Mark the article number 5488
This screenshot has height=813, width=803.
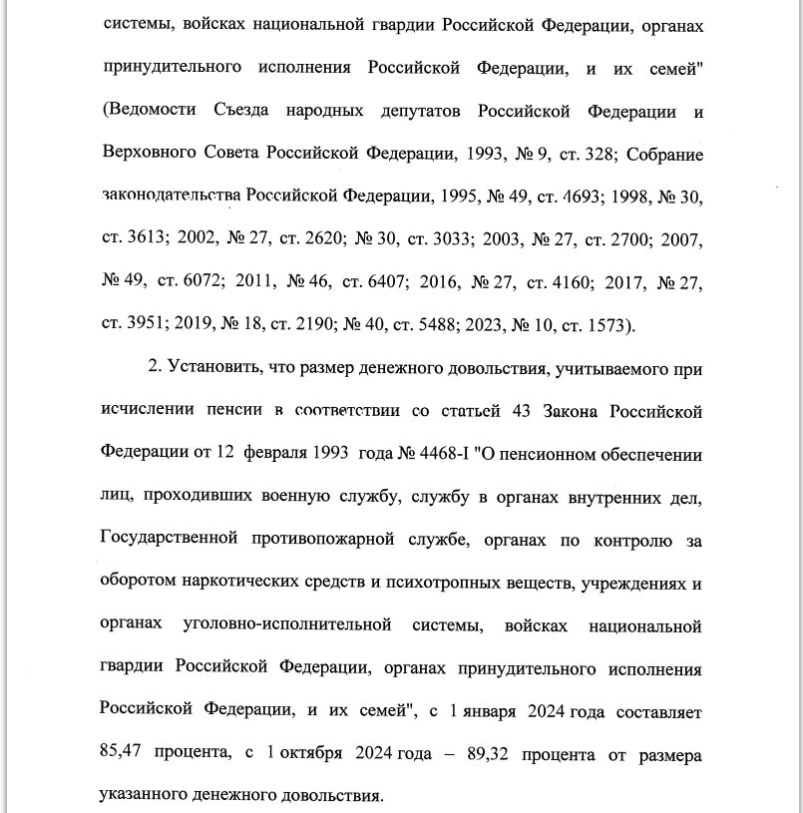438,325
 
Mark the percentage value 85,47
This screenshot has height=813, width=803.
125,755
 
